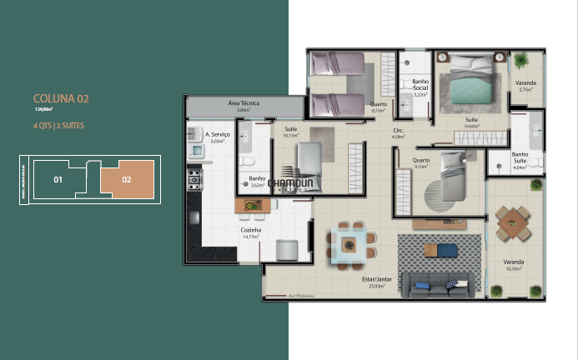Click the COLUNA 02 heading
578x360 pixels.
(x=61, y=99)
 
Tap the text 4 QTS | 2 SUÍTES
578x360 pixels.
(x=58, y=125)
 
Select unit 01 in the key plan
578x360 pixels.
(x=58, y=179)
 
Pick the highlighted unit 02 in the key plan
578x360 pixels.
(x=127, y=179)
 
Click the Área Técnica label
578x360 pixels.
(x=243, y=103)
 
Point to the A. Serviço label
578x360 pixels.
(x=218, y=134)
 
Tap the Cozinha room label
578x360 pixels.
(x=250, y=231)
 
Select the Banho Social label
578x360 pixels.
(x=420, y=86)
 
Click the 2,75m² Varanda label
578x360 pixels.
(x=525, y=84)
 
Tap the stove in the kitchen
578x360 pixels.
(x=194, y=178)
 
